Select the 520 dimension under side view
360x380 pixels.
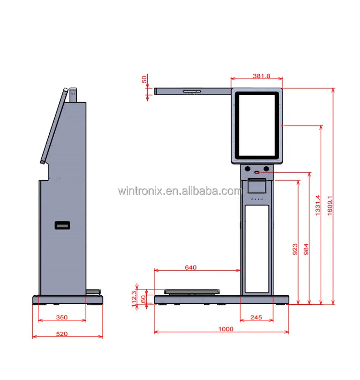coord(62,334)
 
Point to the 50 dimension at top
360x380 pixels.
coord(145,79)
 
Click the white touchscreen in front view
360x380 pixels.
coord(257,124)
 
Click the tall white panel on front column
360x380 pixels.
coord(257,248)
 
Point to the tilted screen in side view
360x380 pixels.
coord(53,125)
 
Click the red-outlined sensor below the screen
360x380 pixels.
coord(257,172)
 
